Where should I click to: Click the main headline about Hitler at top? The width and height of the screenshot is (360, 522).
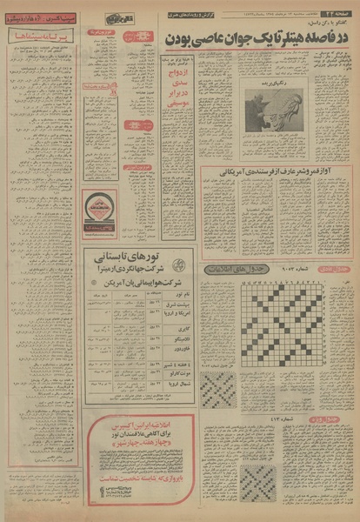(x=259, y=42)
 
